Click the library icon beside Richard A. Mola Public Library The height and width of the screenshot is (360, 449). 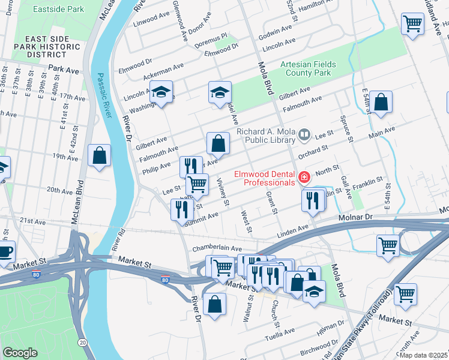(x=305, y=134)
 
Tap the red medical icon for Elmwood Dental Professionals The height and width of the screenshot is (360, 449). (x=304, y=178)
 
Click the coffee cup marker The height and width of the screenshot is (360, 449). (x=4, y=251)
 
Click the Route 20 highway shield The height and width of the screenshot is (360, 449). (x=82, y=341)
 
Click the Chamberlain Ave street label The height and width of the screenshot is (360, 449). (x=217, y=248)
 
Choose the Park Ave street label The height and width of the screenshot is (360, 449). (x=64, y=70)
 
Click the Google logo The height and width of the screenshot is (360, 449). (x=20, y=352)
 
